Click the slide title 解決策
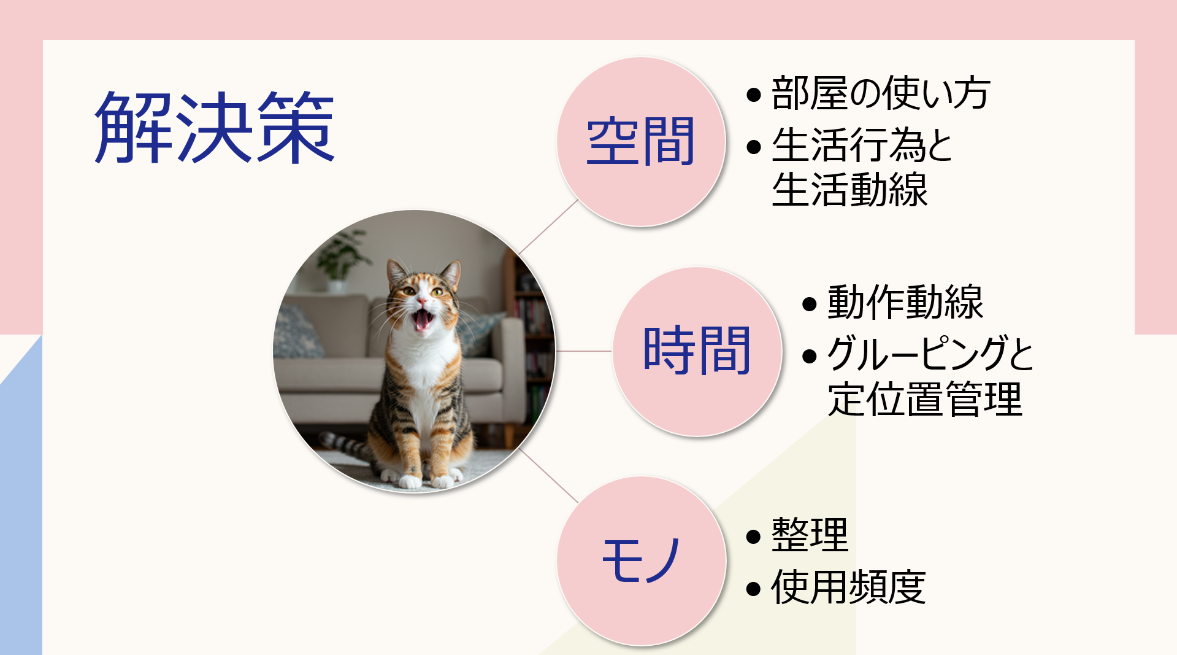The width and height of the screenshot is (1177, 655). [x=215, y=127]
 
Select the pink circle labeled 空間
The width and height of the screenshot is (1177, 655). [x=641, y=142]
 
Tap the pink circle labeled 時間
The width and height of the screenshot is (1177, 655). [x=697, y=351]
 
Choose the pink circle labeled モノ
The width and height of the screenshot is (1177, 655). [x=641, y=560]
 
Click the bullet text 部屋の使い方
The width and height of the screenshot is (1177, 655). [x=881, y=93]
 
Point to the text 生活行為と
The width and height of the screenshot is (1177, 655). [x=862, y=145]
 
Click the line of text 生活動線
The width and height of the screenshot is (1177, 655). [x=849, y=190]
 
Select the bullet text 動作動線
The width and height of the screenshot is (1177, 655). [x=905, y=302]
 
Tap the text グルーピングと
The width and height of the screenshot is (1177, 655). [x=930, y=354]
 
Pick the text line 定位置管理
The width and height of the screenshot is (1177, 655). [x=925, y=399]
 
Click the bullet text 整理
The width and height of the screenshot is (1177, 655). [x=810, y=535]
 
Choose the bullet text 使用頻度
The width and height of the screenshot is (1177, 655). [x=848, y=587]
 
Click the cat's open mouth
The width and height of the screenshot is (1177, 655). [x=423, y=320]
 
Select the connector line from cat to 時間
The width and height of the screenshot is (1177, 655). [x=584, y=351]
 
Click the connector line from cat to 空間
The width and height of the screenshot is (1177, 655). [x=548, y=227]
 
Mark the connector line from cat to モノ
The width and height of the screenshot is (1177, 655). [x=548, y=476]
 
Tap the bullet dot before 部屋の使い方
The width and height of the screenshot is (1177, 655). [x=754, y=95]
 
